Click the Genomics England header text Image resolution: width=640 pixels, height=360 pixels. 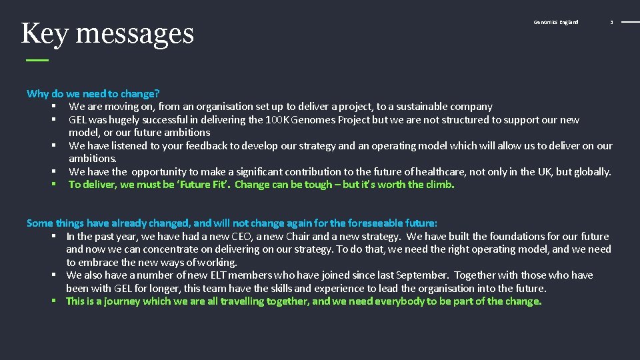click(556, 22)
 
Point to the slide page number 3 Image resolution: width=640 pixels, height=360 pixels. click(611, 22)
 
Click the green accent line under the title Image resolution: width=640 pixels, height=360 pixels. click(37, 60)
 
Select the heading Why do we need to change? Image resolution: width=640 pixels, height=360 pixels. click(93, 94)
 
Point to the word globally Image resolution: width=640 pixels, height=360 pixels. click(589, 172)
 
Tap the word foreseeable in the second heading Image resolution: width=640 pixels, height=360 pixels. click(359, 223)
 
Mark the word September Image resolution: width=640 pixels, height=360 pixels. click(371, 275)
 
